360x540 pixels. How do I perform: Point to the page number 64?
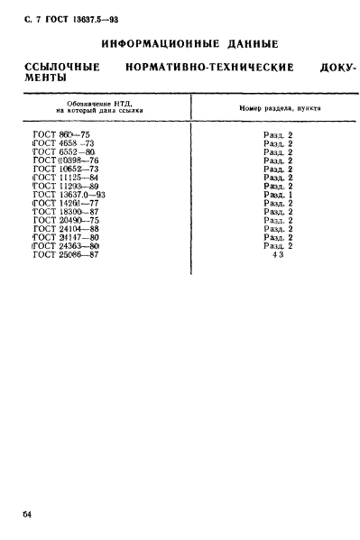tap(27, 513)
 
